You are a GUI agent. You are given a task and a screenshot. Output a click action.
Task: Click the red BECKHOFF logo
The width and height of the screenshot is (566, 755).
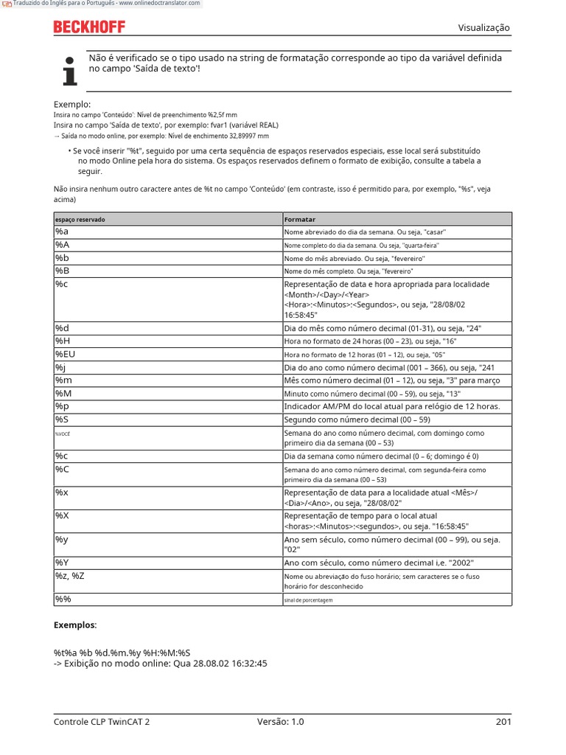pos(89,27)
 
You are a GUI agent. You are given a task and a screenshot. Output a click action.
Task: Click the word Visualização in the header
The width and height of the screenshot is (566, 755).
pos(483,28)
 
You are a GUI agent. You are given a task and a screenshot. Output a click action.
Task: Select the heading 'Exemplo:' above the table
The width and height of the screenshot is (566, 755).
pos(72,105)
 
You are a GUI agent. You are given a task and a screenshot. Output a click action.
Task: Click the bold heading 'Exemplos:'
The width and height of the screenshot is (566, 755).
pos(75,624)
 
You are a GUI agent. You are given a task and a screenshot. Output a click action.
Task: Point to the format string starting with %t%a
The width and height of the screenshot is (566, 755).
pos(122,653)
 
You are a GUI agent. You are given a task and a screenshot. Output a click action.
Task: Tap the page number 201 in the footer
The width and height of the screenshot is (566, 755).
pos(503,722)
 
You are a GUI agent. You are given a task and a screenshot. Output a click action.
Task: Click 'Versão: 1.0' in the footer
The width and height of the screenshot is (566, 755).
pos(281,722)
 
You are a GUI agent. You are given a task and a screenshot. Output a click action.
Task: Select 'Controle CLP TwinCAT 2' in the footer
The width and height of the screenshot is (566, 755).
pos(102,722)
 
